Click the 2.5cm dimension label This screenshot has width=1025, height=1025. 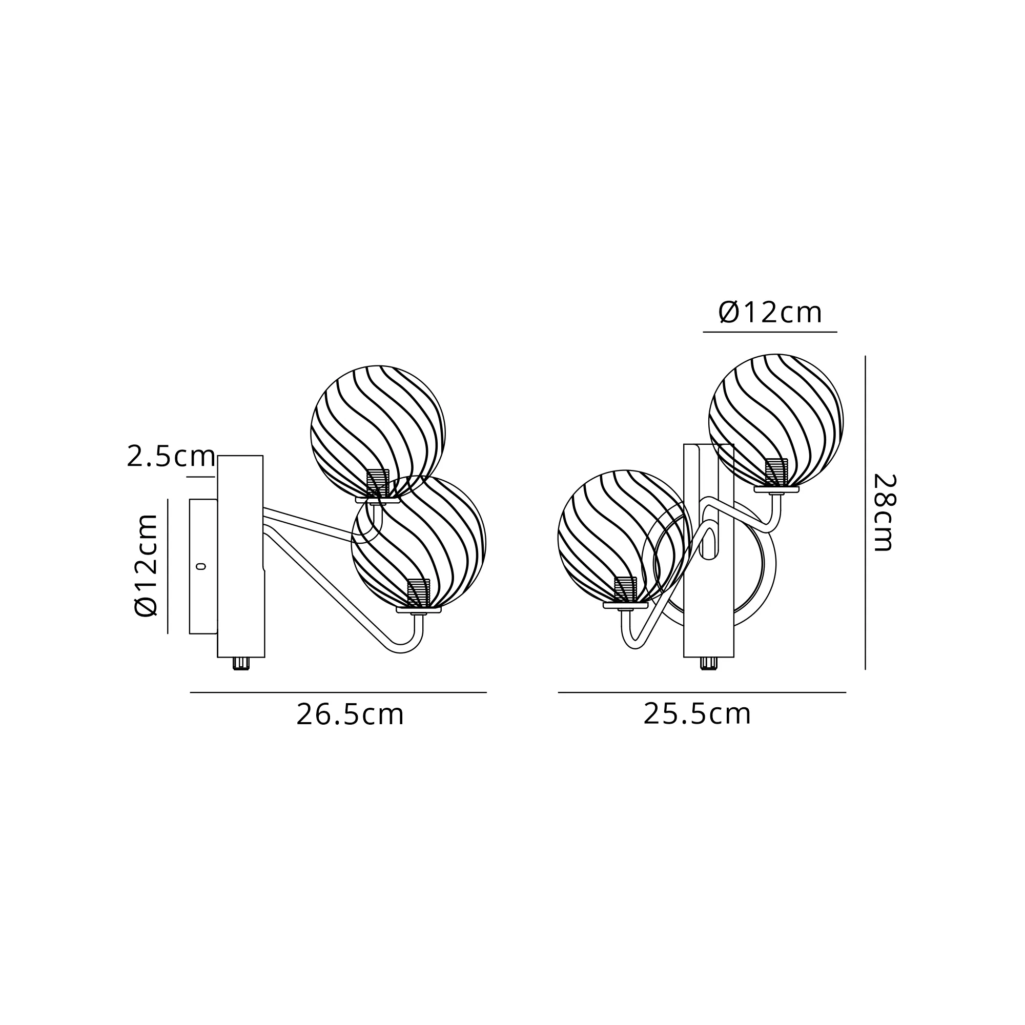click(x=171, y=457)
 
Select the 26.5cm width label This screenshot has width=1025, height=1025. click(x=350, y=714)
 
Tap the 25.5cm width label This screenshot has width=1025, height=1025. click(x=697, y=714)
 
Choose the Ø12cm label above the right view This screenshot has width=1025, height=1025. click(x=770, y=313)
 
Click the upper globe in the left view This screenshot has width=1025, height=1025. click(x=378, y=433)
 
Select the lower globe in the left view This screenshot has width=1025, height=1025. click(x=419, y=542)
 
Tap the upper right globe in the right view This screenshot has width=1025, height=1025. click(x=776, y=421)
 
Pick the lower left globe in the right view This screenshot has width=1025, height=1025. click(x=625, y=537)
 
